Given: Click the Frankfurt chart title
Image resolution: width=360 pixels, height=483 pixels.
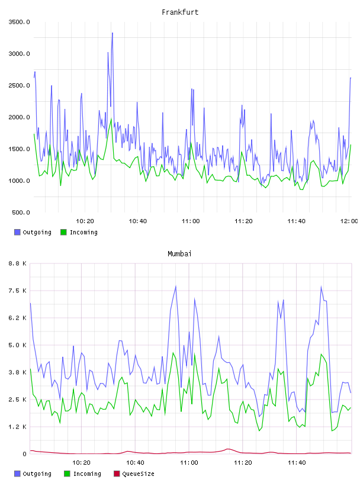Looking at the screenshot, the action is [x=180, y=12].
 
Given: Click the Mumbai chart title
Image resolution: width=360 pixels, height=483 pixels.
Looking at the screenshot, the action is [x=179, y=254].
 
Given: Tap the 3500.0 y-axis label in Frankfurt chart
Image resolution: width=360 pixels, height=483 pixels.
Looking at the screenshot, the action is [x=19, y=22].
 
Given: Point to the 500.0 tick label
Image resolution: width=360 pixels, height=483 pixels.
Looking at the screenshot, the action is [x=21, y=212].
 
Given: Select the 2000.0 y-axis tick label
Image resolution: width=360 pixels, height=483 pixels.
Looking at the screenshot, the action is [x=19, y=117].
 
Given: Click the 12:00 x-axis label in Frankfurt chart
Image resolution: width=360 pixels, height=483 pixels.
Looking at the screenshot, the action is [x=349, y=221].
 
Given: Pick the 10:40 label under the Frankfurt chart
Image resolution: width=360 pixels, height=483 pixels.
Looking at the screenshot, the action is [x=138, y=221].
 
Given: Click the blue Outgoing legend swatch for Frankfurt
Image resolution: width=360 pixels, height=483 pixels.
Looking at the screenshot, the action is [x=17, y=232].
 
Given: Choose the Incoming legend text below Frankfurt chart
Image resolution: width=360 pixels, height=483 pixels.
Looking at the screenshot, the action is [x=83, y=232].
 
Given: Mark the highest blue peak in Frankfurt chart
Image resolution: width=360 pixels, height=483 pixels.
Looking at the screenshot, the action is [x=112, y=33].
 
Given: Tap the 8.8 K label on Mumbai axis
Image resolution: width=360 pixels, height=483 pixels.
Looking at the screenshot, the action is [x=17, y=263].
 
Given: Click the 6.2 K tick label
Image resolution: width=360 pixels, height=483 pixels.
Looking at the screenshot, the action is [x=17, y=318].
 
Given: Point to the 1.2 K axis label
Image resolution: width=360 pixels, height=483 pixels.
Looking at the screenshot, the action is [x=17, y=427].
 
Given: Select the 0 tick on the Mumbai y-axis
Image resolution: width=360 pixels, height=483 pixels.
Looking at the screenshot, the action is [x=25, y=454].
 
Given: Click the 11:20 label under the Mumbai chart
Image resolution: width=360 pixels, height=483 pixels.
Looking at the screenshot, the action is [x=243, y=463].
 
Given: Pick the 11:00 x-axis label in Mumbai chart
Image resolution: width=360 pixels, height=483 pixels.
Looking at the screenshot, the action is [x=189, y=463].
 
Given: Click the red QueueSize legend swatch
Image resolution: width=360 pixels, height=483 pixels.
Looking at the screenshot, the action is [x=117, y=474].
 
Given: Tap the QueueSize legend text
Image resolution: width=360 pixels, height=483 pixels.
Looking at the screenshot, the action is [x=138, y=474].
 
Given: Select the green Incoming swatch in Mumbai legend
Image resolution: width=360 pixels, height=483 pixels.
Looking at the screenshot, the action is [x=67, y=474].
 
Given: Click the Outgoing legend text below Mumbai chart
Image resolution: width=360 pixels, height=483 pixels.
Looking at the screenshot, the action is [x=37, y=474].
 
